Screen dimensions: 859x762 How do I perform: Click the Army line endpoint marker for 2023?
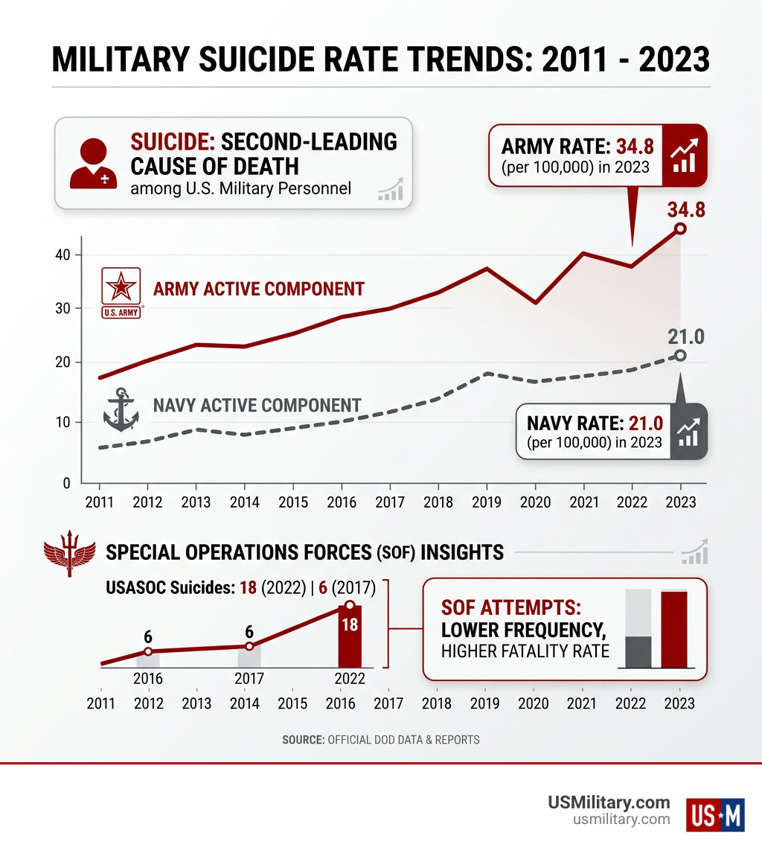(x=679, y=229)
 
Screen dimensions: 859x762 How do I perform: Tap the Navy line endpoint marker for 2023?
(x=679, y=355)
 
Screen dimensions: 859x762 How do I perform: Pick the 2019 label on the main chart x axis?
(x=485, y=502)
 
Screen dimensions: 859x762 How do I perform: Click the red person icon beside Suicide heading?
(x=93, y=162)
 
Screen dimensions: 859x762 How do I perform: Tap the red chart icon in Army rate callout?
(x=682, y=155)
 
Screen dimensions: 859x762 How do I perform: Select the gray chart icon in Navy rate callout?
(x=688, y=431)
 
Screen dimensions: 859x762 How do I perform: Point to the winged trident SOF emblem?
(x=68, y=554)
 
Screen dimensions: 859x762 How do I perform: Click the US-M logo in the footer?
(x=715, y=814)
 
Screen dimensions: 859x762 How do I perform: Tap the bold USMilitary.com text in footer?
(x=609, y=802)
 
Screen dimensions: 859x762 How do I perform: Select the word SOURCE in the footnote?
(x=302, y=740)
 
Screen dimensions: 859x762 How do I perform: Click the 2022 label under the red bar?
(x=350, y=678)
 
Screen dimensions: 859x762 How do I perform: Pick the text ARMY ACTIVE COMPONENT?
(x=258, y=289)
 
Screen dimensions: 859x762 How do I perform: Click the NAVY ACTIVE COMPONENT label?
(x=257, y=406)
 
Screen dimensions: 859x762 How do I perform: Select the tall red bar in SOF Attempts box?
(x=674, y=630)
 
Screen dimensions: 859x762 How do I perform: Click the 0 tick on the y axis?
(x=66, y=483)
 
